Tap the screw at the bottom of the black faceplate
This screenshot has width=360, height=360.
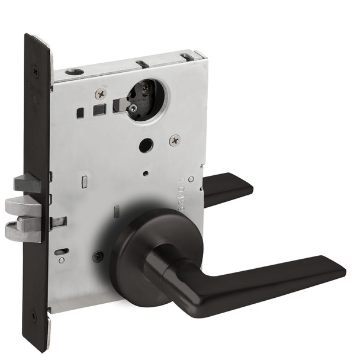(33, 316)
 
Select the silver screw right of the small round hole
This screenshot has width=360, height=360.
(174, 140)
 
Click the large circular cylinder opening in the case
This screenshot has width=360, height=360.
(147, 99)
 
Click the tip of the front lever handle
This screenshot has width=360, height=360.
(337, 269)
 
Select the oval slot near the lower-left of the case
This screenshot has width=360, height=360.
(61, 251)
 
